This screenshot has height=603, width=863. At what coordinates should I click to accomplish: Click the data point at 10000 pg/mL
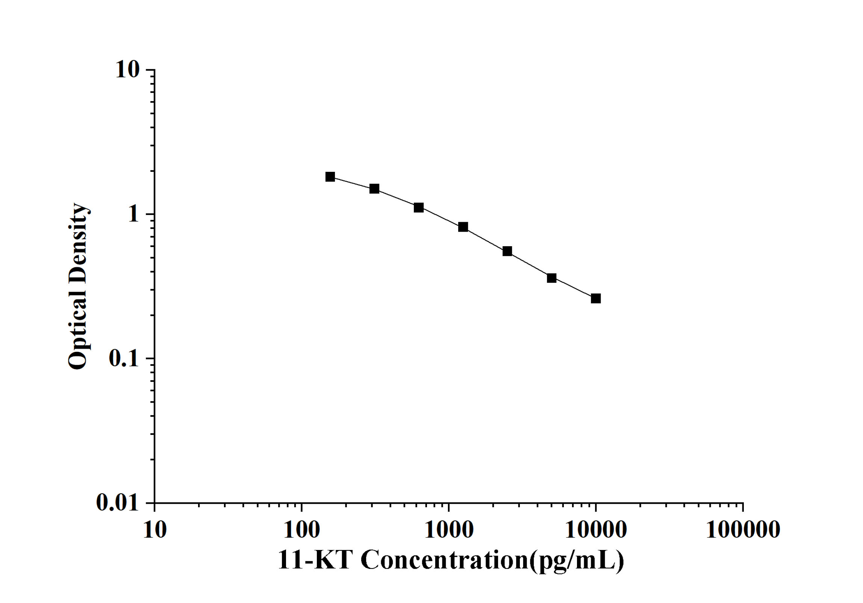596,298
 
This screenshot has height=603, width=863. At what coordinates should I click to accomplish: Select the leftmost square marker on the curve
330,177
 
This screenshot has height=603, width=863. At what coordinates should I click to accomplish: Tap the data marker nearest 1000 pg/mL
463,227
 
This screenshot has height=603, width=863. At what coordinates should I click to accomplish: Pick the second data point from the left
374,189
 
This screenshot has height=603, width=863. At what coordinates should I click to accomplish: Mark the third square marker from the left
419,208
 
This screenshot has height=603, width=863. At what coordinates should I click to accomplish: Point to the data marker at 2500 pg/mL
507,251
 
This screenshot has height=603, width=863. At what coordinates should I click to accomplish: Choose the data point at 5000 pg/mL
551,278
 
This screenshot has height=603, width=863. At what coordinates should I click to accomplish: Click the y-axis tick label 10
127,70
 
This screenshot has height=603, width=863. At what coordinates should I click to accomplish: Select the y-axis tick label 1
133,214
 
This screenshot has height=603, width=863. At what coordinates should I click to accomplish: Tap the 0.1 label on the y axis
124,358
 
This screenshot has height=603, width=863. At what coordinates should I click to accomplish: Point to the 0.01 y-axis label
118,502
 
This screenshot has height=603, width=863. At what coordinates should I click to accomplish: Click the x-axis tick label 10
154,530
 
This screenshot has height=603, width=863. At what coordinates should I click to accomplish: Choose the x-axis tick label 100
301,530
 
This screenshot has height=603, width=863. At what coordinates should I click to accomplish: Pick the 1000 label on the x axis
449,530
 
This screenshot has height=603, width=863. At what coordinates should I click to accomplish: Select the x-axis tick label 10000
596,530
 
